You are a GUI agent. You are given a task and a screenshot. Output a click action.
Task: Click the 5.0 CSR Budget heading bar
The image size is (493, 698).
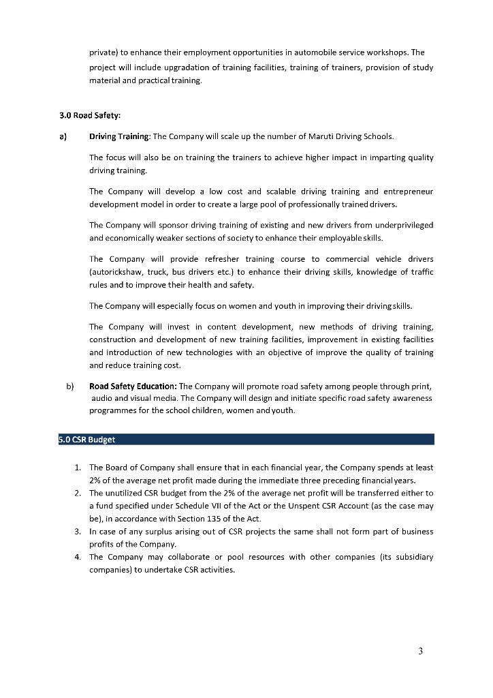(x=246, y=440)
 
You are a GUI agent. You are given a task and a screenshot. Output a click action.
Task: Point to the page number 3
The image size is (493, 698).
(x=420, y=652)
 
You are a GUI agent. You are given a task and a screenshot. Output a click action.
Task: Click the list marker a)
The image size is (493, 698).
(x=63, y=136)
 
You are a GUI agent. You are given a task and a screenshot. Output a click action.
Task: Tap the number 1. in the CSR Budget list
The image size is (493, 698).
(x=78, y=468)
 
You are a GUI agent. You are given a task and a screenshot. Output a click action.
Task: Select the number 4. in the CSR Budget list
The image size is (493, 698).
(x=78, y=558)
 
